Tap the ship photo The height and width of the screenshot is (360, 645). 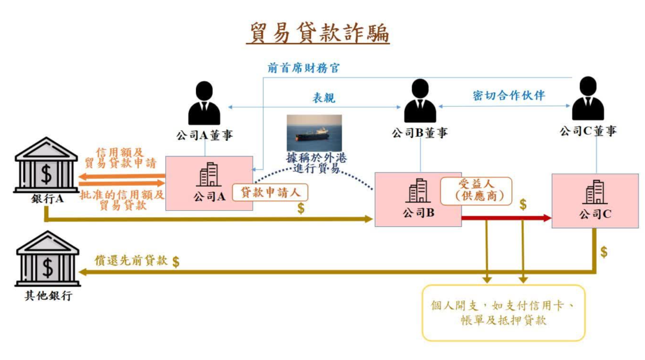click(314, 133)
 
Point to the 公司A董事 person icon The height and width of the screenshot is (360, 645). click(204, 103)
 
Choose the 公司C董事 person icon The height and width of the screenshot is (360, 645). click(588, 100)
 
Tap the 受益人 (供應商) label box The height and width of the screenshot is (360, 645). click(476, 190)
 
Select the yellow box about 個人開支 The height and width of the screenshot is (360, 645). click(503, 313)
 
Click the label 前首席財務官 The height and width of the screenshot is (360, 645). click(303, 67)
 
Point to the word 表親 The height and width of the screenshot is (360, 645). click(324, 97)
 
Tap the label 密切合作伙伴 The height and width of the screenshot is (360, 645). click(508, 96)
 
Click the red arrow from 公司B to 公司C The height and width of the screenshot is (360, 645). click(505, 218)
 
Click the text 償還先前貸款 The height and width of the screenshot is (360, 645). click(131, 260)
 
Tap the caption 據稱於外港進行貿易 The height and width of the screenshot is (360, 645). click(316, 163)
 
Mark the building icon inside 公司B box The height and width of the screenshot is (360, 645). click(417, 190)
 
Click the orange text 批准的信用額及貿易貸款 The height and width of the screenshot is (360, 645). click(122, 199)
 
